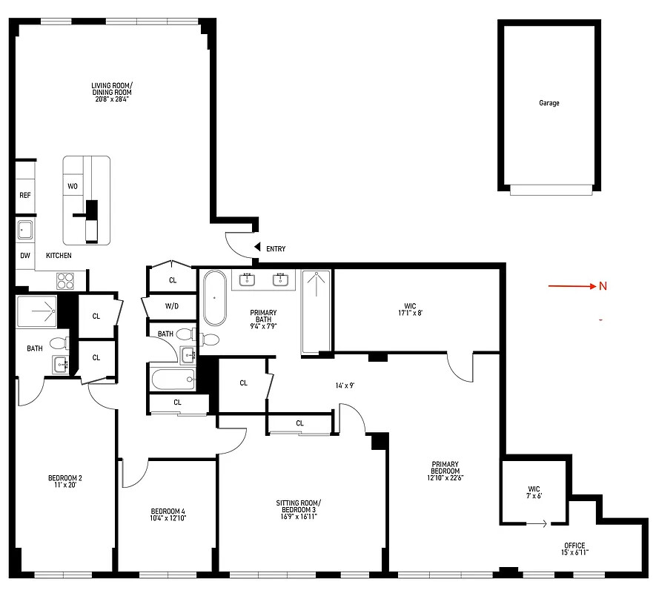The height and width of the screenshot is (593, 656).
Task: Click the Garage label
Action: pos(549,103)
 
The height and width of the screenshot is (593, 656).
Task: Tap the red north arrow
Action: pos(571,286)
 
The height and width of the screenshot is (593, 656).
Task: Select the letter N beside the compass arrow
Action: pos(603,287)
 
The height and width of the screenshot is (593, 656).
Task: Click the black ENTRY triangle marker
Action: pos(256,248)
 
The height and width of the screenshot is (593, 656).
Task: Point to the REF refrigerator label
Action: pos(24,196)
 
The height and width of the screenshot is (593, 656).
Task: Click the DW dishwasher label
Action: pos(24,255)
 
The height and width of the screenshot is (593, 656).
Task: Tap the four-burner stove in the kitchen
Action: pos(65,281)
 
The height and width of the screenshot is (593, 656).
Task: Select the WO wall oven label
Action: pos(73,186)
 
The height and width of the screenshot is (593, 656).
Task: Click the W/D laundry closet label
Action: pos(172,305)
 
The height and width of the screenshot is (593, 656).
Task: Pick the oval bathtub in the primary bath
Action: pos(215,298)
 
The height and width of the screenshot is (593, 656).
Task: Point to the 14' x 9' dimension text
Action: pos(345,385)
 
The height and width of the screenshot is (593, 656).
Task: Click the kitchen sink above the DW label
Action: pos(25,230)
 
